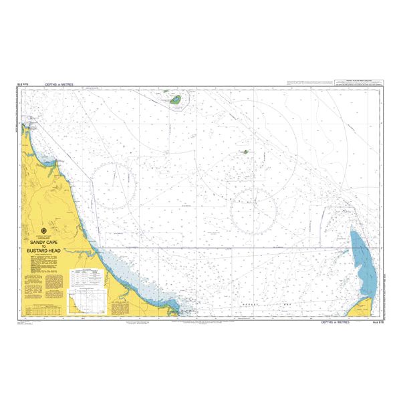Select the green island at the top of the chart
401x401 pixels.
coord(177,100)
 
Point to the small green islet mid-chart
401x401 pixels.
coord(246,152)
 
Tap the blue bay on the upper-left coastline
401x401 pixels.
coord(47,159)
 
